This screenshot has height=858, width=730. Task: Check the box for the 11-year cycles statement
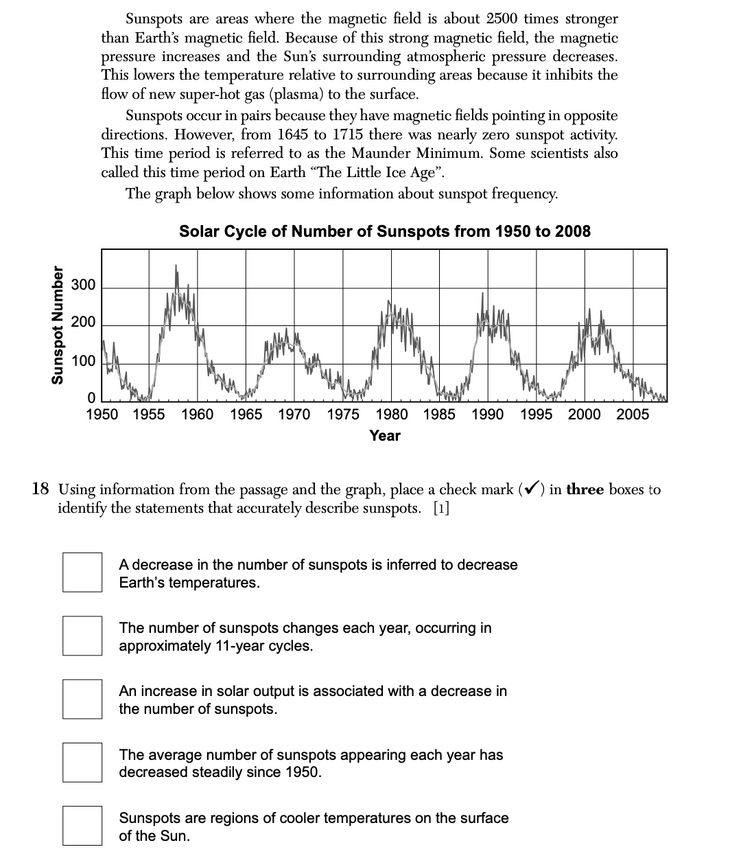[x=82, y=636]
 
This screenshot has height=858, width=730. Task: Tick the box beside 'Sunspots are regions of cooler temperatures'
[x=82, y=825]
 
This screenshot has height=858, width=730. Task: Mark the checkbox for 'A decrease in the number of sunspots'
[x=82, y=573]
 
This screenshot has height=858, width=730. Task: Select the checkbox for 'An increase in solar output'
[x=82, y=699]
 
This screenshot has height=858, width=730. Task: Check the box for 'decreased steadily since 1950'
[x=82, y=762]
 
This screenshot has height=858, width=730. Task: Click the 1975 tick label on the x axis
[x=343, y=414]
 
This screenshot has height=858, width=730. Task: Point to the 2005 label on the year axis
[x=633, y=414]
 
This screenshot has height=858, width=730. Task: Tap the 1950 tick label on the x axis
[x=105, y=414]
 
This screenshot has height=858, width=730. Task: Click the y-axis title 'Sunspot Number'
[x=57, y=324]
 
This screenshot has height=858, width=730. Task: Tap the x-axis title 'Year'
[x=384, y=436]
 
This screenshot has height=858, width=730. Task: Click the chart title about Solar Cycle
[x=384, y=232]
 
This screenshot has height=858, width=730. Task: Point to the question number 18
[x=41, y=490]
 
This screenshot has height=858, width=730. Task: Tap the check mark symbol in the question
[x=533, y=489]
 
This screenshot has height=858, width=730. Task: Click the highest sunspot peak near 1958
[x=176, y=267]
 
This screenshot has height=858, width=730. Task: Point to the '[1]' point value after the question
[x=441, y=508]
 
